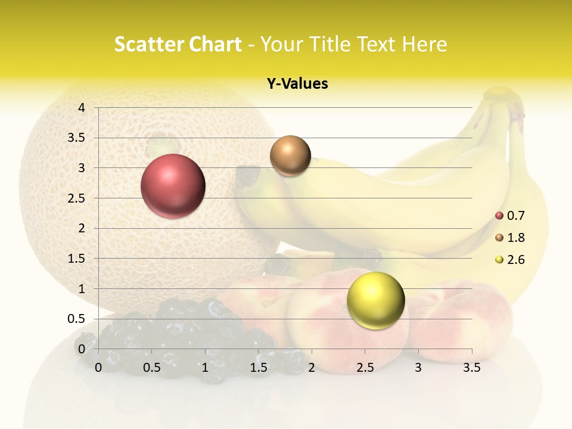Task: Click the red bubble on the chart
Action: pos(173,186)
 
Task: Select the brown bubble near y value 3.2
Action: pos(290,156)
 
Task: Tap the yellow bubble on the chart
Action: pos(375,300)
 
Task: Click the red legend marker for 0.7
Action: pos(499,216)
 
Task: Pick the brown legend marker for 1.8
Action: pos(499,238)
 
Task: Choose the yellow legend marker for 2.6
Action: pos(499,260)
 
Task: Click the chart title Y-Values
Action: pos(297,84)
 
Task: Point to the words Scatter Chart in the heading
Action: pos(178,44)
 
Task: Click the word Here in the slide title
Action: pos(424,44)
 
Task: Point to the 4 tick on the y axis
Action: pos(82,108)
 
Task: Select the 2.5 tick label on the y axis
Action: pos(77,198)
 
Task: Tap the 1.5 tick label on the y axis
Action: pos(77,259)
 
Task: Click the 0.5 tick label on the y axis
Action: pos(77,319)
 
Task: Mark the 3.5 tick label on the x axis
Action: pos(471,368)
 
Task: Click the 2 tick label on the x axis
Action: pos(312,368)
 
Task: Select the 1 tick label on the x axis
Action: pos(205,368)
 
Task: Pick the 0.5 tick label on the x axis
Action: pos(152,368)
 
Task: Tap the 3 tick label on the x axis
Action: pos(418,368)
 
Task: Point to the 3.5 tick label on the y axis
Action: pos(77,138)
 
